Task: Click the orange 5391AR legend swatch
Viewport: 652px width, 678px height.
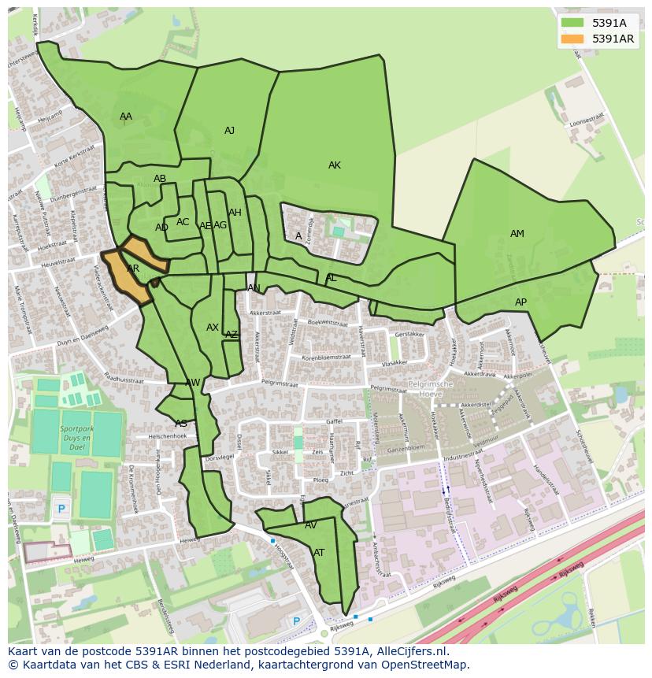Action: tap(572, 39)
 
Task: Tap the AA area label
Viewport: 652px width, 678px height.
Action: tap(126, 117)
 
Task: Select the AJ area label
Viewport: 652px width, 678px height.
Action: tap(229, 131)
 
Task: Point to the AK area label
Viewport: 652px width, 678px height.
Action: tap(335, 165)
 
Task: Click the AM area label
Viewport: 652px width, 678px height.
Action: tap(517, 234)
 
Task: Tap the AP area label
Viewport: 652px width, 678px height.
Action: tap(520, 302)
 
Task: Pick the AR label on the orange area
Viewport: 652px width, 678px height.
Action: tap(133, 269)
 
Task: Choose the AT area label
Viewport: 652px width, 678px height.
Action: tap(319, 553)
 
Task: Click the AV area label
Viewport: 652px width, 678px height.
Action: tap(310, 525)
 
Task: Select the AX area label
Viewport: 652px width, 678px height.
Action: tap(213, 328)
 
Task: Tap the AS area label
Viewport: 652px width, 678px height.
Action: tap(181, 424)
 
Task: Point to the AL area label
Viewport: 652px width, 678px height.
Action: tap(331, 278)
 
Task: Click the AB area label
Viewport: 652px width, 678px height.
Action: tap(160, 179)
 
